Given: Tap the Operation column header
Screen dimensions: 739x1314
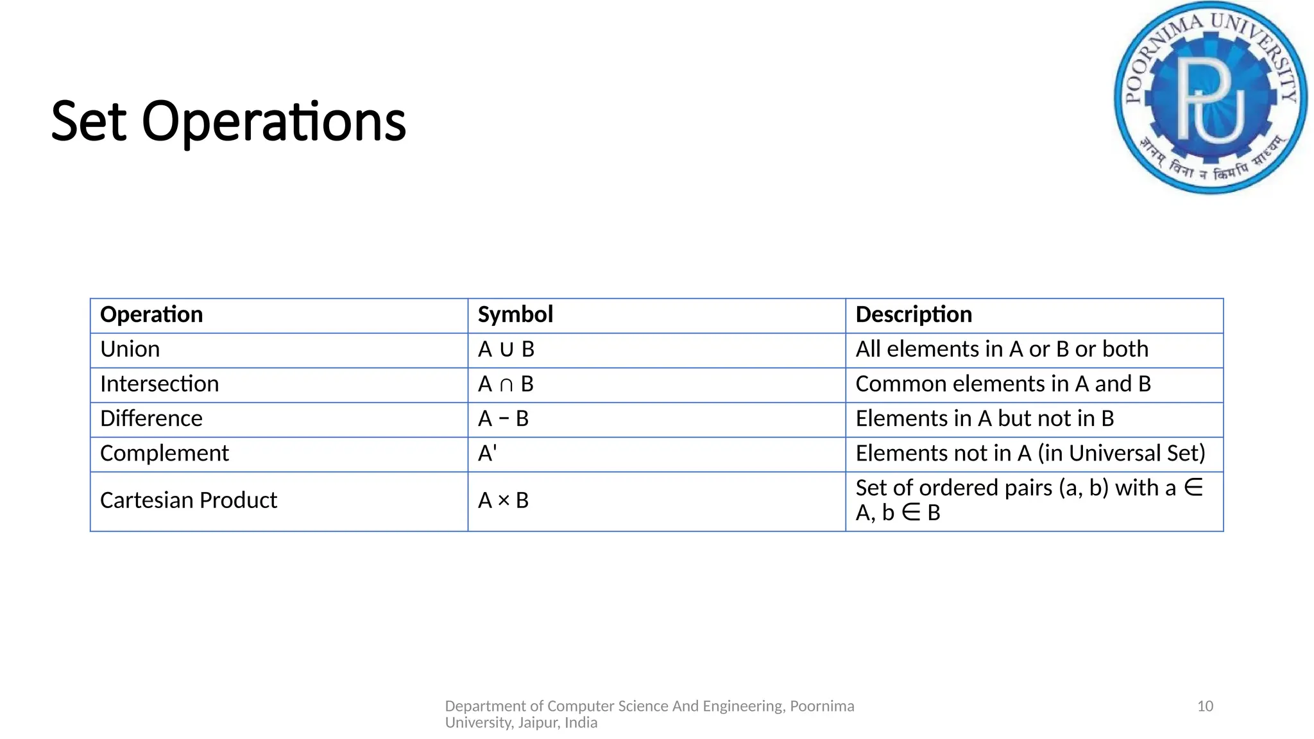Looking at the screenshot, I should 151,314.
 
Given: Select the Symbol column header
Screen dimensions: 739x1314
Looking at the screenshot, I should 515,314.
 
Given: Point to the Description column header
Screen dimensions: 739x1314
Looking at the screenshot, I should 914,314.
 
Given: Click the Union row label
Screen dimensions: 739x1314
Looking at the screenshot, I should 130,350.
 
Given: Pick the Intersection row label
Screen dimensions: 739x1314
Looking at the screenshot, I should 160,384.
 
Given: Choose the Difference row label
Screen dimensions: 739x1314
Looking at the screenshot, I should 151,419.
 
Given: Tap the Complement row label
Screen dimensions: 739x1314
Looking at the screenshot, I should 164,454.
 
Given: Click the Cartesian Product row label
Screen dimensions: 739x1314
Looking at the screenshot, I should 189,500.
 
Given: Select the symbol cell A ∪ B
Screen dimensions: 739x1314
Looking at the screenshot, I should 506,350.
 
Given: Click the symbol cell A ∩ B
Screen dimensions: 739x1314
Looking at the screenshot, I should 506,384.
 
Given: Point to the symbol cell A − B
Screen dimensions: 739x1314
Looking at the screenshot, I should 504,419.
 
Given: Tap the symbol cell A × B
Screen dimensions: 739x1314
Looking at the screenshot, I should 504,500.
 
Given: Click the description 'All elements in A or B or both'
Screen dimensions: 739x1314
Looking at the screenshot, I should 1002,350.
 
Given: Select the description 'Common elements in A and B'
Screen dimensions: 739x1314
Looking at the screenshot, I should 1003,384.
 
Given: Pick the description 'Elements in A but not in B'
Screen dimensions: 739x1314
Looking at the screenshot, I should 984,419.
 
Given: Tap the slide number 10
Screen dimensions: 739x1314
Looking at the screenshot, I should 1205,706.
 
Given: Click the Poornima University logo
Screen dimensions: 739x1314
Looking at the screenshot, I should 1211,98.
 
